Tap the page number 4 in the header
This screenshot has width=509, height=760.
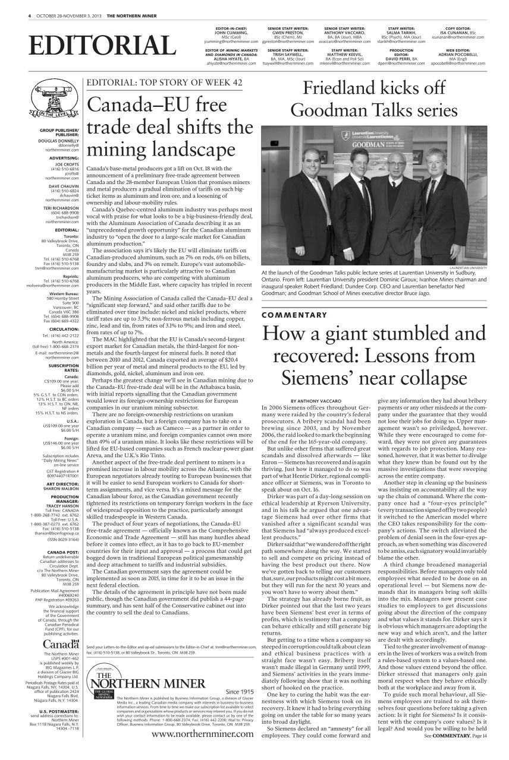coord(29,15)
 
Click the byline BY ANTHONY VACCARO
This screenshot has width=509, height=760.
coord(318,401)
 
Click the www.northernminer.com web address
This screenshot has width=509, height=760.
coord(203,734)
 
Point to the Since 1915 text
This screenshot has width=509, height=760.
coord(240,692)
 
